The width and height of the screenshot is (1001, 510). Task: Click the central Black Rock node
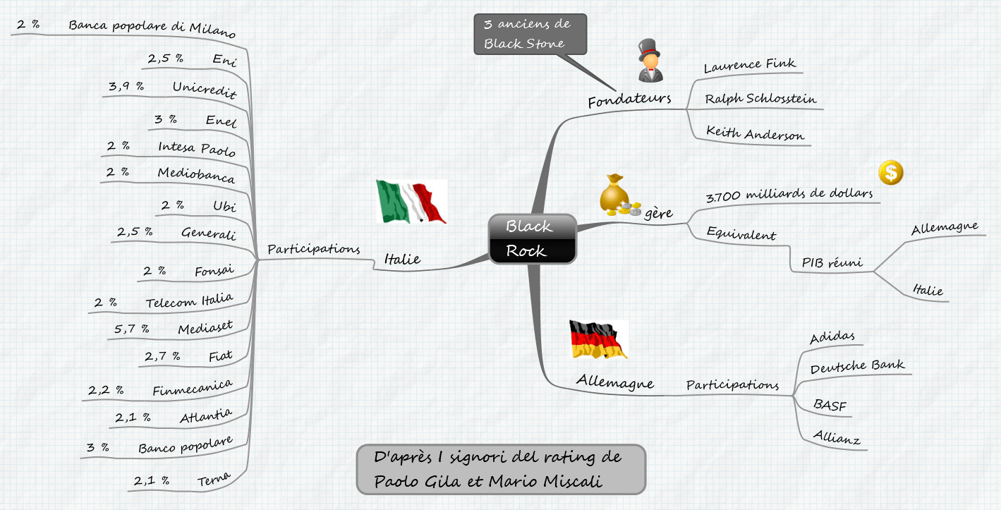(x=533, y=238)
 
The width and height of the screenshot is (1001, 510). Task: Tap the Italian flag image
(x=412, y=201)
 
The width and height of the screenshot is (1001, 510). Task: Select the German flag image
(x=598, y=339)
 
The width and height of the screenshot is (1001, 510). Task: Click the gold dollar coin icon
(x=891, y=172)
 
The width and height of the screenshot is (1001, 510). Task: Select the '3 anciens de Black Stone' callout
(x=530, y=34)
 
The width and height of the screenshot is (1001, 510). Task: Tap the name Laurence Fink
(x=749, y=66)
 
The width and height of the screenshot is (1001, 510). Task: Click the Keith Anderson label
(x=755, y=133)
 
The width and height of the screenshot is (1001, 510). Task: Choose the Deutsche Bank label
(x=856, y=367)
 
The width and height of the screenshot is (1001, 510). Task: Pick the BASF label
(x=830, y=405)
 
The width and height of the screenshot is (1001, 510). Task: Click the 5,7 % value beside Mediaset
(x=132, y=328)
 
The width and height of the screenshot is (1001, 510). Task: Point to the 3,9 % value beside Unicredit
(x=126, y=86)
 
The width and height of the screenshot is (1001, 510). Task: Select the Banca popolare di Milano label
(x=152, y=28)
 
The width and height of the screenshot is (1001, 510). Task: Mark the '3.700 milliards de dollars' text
(x=789, y=194)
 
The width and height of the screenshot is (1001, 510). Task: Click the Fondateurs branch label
(x=629, y=100)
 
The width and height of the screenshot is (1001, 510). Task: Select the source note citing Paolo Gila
(x=501, y=469)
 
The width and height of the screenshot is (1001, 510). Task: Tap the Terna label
(x=214, y=480)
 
